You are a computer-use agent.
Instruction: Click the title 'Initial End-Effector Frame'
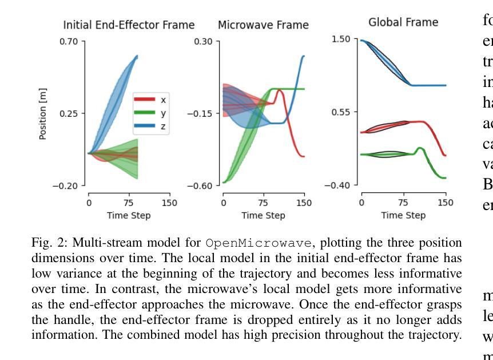(x=129, y=25)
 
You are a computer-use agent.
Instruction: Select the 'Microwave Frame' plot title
(x=263, y=25)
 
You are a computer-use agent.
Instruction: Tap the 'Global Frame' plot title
(x=403, y=22)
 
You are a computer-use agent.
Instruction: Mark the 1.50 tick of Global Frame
(x=341, y=39)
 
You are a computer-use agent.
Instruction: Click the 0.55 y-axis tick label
(x=341, y=112)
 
